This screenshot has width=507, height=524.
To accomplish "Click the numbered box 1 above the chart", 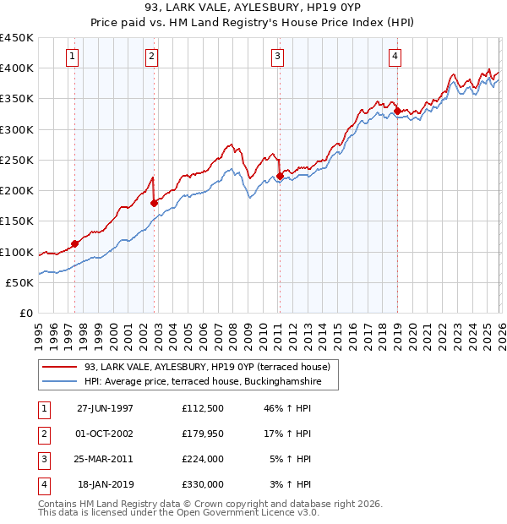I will [73, 57].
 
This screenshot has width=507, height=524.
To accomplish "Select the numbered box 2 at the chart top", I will [151, 57].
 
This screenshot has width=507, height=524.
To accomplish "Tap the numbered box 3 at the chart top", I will [277, 57].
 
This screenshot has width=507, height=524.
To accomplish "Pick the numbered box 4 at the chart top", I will [395, 57].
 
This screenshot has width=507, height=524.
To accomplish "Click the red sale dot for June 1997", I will [75, 243].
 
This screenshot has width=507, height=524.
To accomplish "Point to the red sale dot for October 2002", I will [154, 203].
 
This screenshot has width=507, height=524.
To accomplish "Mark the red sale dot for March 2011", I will [280, 176].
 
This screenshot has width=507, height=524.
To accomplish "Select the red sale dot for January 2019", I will [397, 110].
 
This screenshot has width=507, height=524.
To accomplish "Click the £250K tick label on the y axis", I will [17, 160].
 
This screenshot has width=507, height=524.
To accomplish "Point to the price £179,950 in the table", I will [202, 434].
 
